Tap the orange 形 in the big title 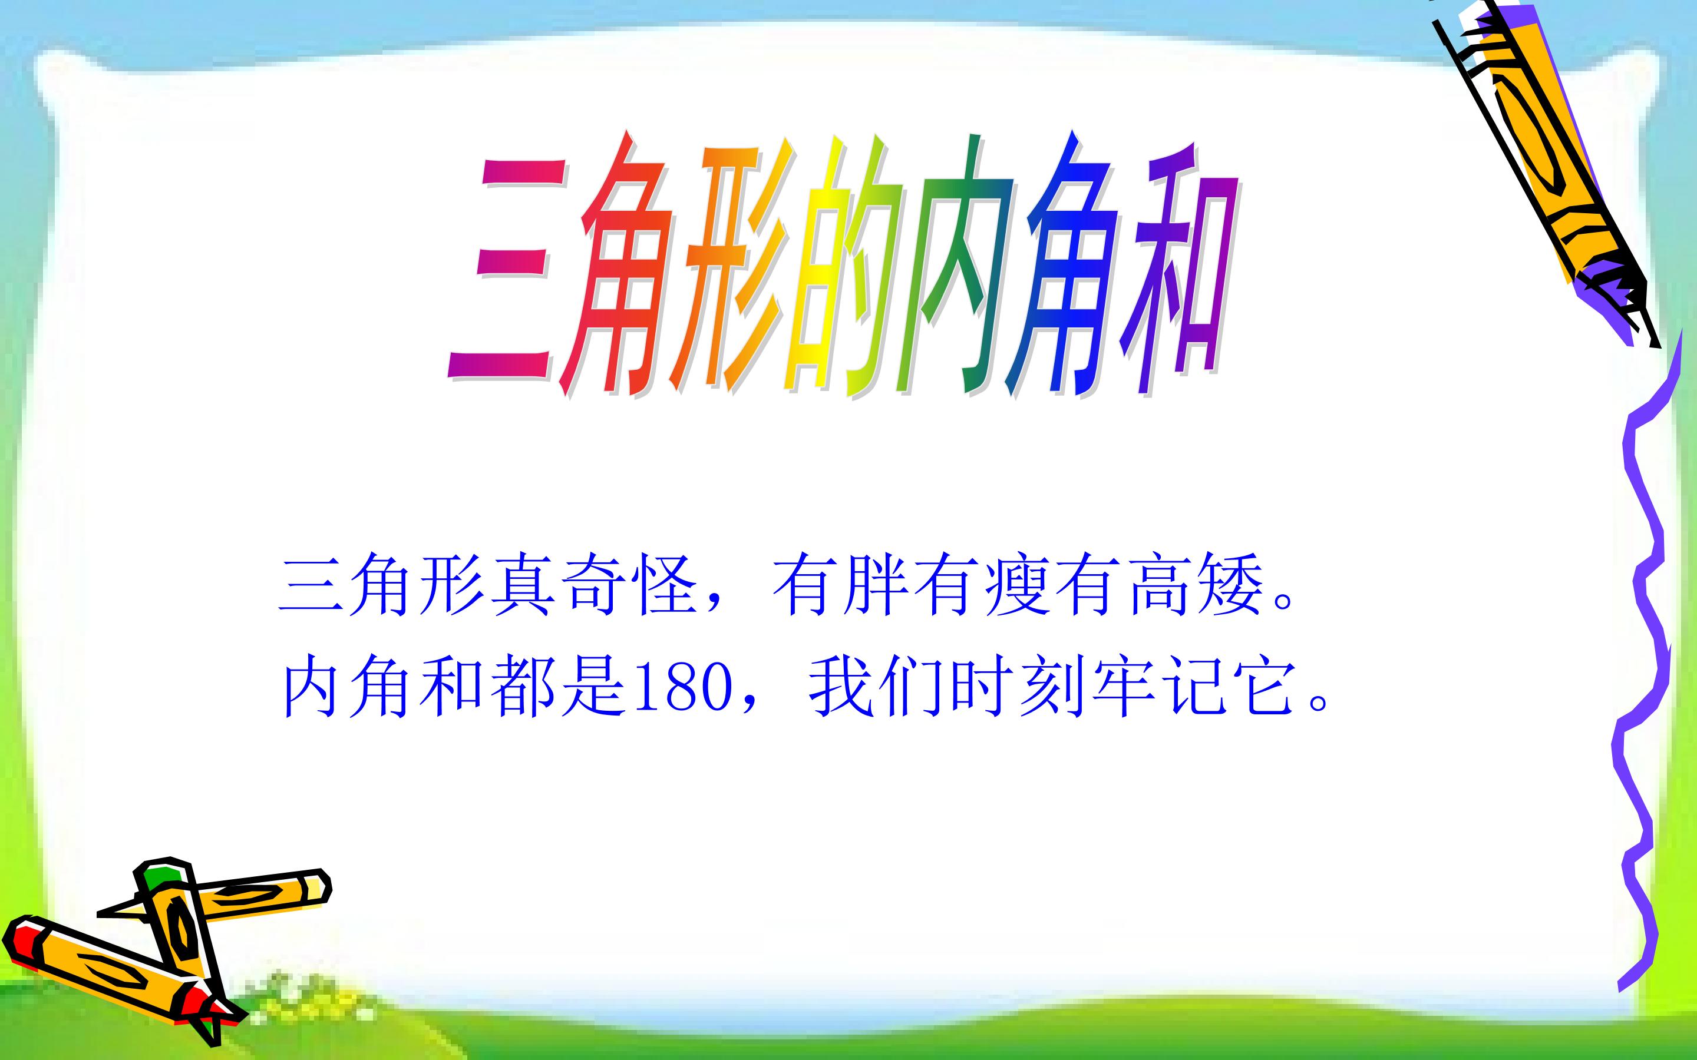tap(729, 270)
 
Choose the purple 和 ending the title tap(1178, 270)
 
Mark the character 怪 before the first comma tap(663, 586)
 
